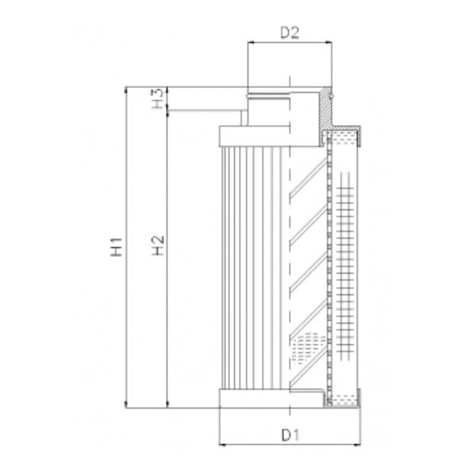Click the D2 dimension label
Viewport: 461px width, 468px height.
[x=289, y=33]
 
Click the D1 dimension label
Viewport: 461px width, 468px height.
[x=290, y=435]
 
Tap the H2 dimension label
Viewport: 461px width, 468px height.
[x=159, y=246]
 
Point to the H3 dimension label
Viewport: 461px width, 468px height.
[x=159, y=100]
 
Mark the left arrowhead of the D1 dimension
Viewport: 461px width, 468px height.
[x=222, y=445]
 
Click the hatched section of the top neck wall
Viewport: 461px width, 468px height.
[x=326, y=111]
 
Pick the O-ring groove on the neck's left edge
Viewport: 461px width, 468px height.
[x=249, y=96]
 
